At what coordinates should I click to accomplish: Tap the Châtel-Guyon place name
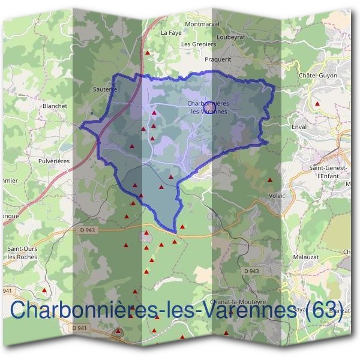[x=317, y=76]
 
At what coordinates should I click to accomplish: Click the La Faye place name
[x=171, y=33]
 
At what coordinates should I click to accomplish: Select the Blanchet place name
[x=55, y=106]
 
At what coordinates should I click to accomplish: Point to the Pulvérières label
[x=55, y=161]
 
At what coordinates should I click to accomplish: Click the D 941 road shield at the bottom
[x=79, y=328]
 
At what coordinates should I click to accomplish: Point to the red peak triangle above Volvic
[x=270, y=179]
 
